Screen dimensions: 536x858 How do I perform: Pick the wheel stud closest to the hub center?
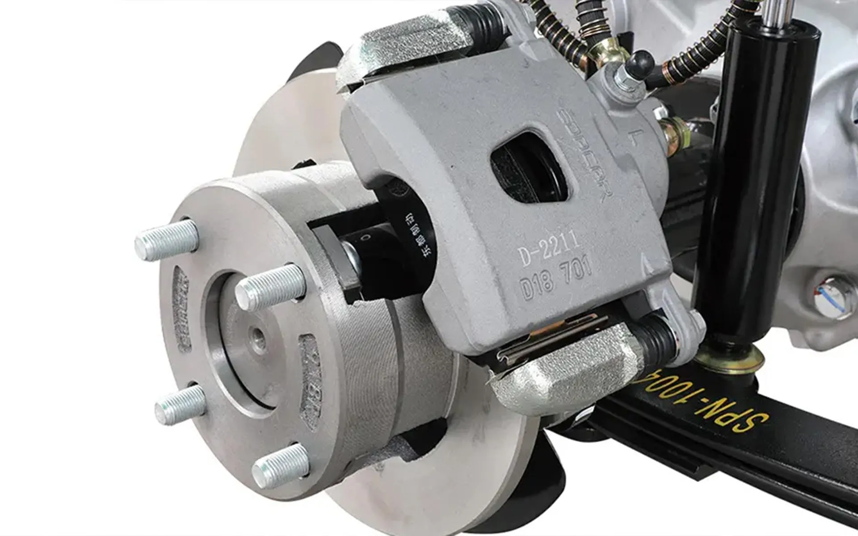[270, 286]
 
